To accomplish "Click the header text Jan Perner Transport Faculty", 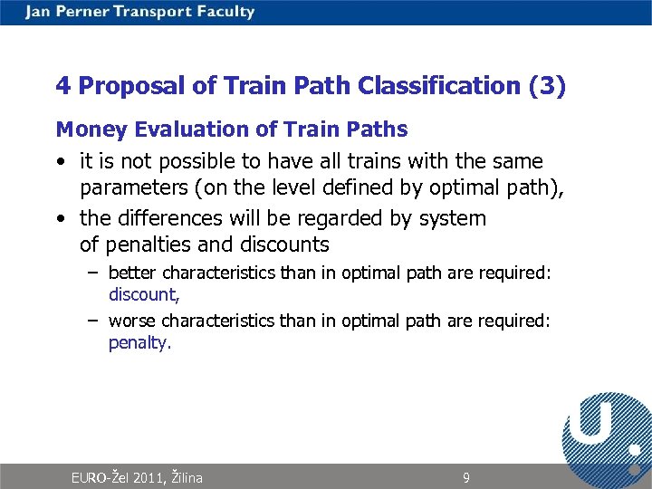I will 140,12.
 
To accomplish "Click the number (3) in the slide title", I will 547,86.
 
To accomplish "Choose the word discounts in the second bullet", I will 284,244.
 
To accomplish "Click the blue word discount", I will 141,294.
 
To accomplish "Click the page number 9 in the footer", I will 466,477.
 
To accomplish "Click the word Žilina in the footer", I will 187,477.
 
